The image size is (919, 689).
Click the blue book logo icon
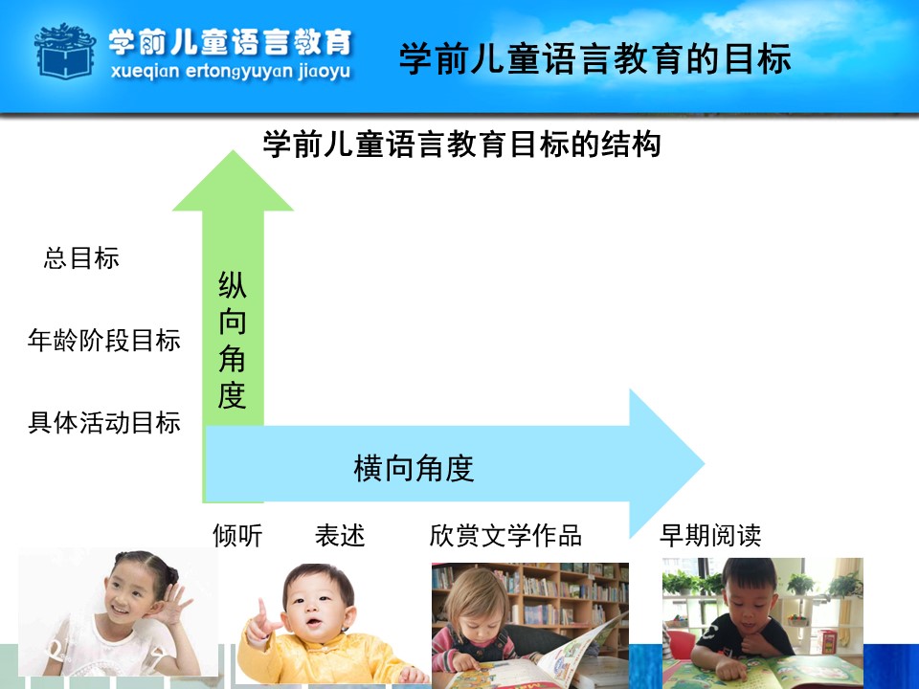click(65, 52)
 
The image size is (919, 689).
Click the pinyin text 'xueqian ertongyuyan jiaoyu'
click(231, 72)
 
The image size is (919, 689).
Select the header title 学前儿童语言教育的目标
click(594, 58)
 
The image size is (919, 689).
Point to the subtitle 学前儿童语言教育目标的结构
click(461, 144)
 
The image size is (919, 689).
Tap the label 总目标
click(81, 257)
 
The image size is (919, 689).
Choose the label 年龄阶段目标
click(103, 340)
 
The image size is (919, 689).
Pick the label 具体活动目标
click(103, 422)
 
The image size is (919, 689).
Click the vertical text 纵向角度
click(232, 340)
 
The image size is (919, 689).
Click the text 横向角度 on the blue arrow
click(414, 468)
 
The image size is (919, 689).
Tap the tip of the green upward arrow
click(233, 151)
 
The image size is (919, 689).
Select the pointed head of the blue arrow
click(704, 463)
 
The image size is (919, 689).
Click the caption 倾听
click(237, 536)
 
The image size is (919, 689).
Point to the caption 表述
click(340, 536)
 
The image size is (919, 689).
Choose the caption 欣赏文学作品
click(505, 536)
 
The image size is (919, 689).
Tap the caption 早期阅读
click(710, 536)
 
